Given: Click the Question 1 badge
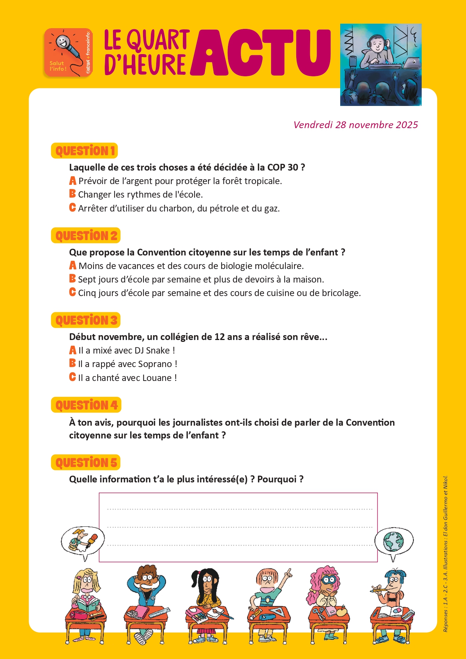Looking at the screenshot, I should point(84,151).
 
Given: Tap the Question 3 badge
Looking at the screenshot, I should point(86,320).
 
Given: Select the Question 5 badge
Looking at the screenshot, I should point(86,463).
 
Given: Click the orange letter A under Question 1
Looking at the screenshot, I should point(73,181).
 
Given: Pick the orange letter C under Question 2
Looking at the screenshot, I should point(72,292).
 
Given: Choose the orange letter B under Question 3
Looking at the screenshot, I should point(72,363).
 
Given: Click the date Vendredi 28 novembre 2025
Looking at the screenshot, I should point(355,125).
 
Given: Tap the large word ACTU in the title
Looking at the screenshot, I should point(261,53).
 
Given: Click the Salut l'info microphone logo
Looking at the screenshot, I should point(68,53).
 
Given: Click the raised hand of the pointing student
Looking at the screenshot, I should point(288,573).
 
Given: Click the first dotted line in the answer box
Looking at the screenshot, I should point(240,509).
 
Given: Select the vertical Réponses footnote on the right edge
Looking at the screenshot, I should point(445,554).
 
